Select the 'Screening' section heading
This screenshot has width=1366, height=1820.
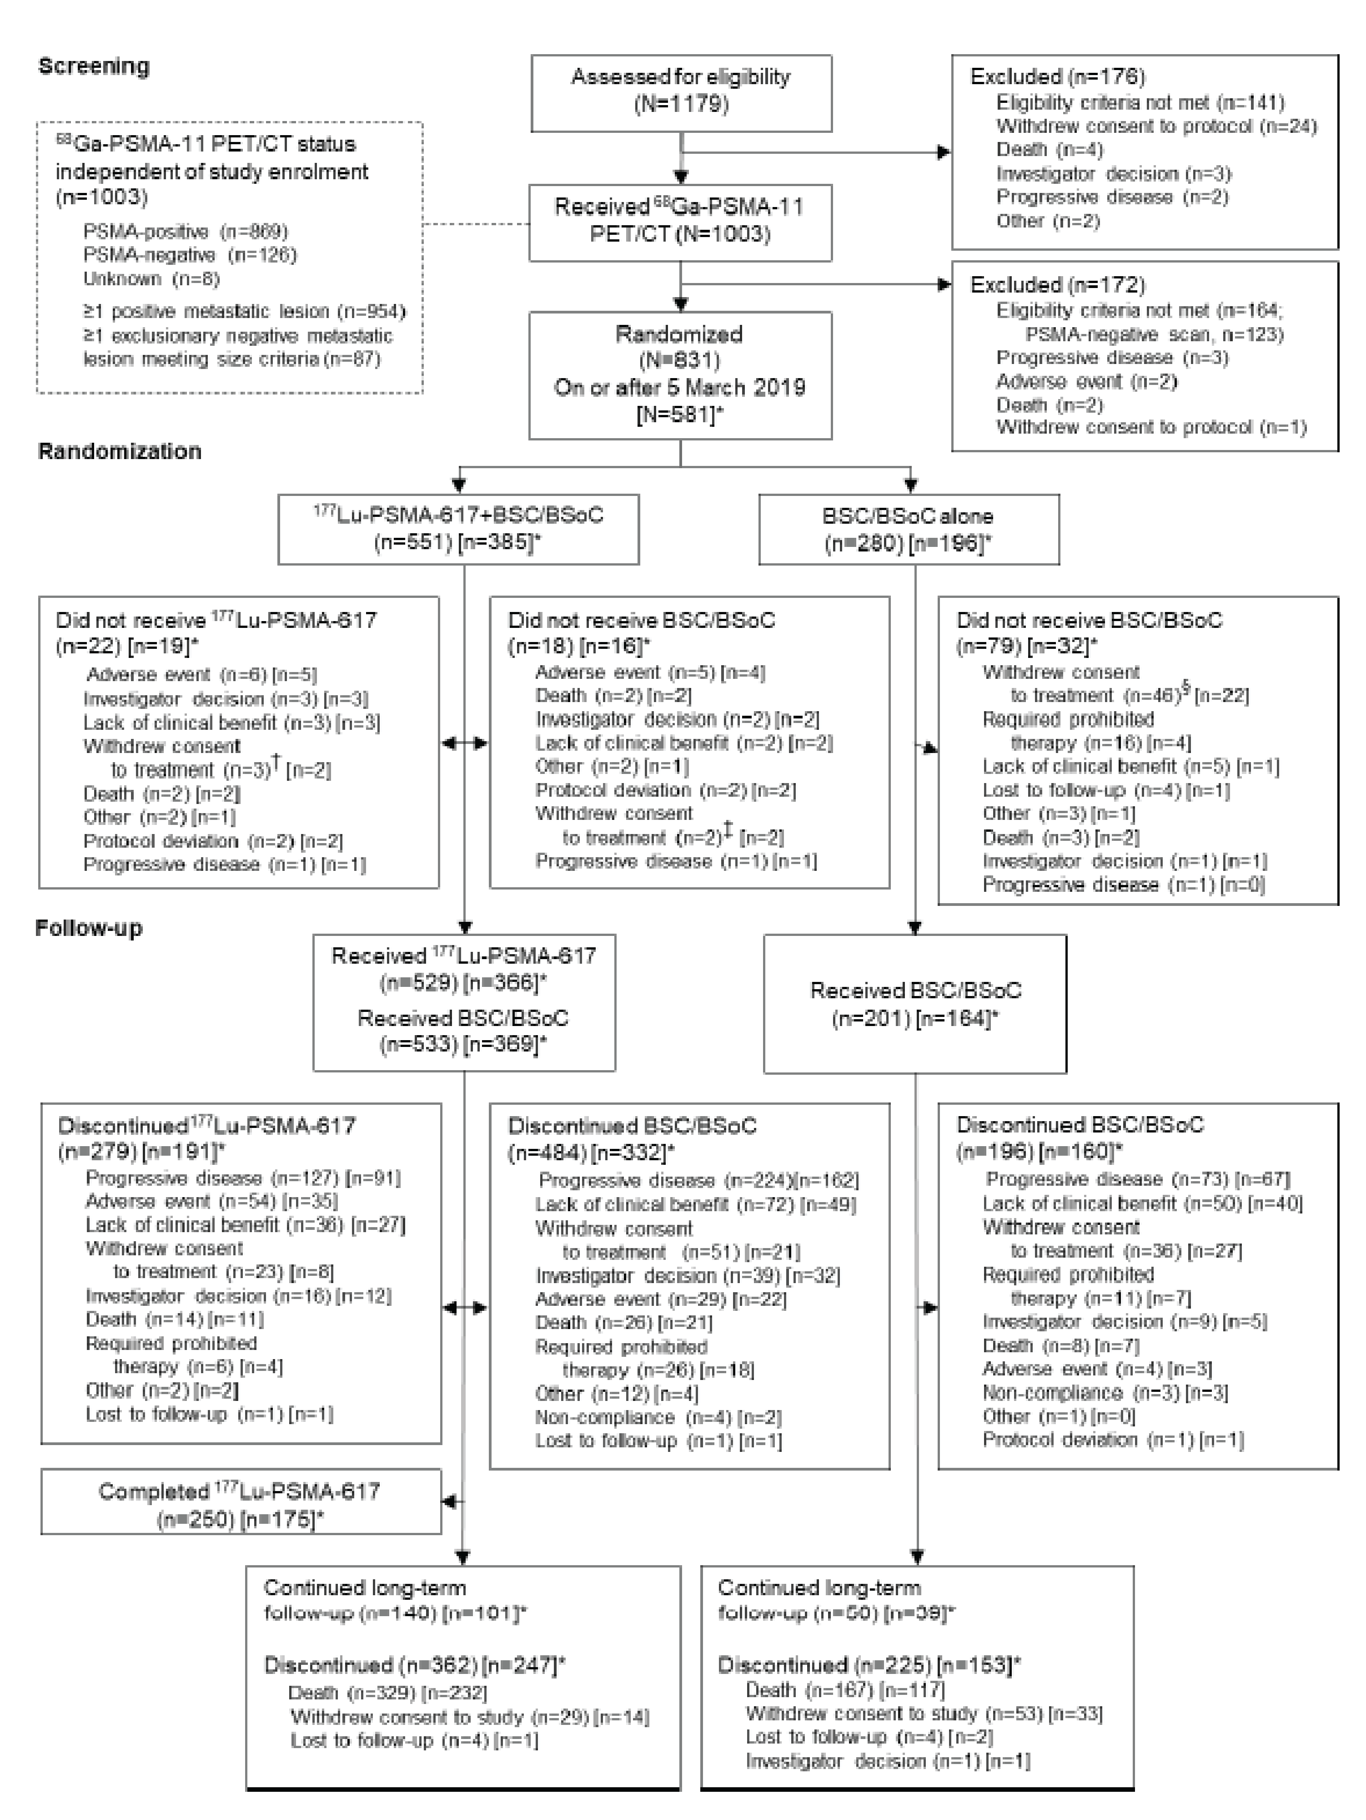[x=94, y=66]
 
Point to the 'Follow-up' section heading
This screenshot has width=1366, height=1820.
[x=89, y=928]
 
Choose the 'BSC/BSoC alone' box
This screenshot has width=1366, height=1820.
[x=908, y=529]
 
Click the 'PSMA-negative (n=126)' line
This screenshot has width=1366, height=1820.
[x=189, y=255]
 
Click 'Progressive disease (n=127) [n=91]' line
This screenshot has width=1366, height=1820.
[x=243, y=1178]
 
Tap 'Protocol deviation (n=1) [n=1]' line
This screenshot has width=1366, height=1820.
[x=1113, y=1440]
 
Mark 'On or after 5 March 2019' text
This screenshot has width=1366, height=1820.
[x=680, y=388]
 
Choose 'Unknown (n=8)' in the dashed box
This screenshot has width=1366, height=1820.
[x=151, y=279]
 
